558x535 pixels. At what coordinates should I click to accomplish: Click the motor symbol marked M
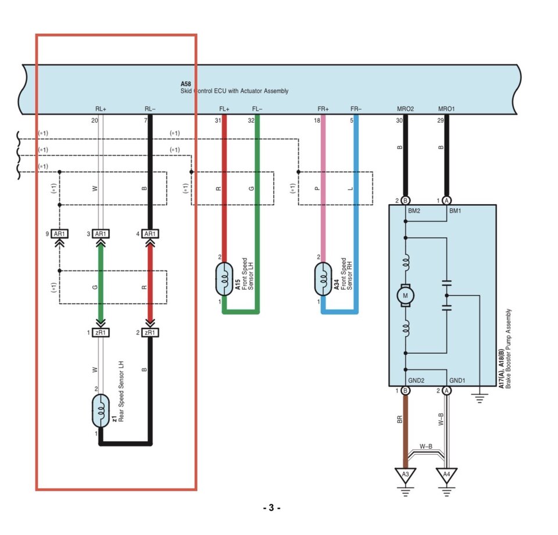tap(405, 295)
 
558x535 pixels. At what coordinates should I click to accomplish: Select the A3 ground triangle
tap(405, 475)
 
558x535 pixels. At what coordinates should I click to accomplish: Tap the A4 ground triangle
tap(446, 475)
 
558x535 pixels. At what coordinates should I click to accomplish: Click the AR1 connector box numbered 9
tap(59, 234)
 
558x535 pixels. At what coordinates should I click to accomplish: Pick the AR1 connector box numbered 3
tap(101, 234)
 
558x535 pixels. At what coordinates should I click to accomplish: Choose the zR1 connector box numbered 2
tap(150, 333)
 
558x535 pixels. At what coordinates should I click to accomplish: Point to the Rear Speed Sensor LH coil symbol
tap(101, 411)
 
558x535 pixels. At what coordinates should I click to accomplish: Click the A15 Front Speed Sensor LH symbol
tap(224, 279)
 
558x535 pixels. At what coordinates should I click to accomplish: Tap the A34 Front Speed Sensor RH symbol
tap(323, 279)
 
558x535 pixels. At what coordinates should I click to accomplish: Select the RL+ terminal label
tap(101, 109)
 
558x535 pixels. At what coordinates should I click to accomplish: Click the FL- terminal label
tap(257, 109)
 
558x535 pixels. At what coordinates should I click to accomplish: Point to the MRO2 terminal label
tap(405, 109)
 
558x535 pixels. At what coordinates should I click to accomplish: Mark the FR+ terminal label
tap(323, 109)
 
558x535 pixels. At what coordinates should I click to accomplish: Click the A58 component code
tap(186, 84)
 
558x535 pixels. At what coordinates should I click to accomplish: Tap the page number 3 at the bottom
tap(271, 508)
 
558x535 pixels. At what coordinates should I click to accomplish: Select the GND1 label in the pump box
tap(457, 380)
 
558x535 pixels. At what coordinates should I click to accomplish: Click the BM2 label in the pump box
tap(414, 211)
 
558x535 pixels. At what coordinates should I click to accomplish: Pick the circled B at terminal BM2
tap(405, 201)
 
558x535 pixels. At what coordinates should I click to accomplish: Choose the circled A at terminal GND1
tap(446, 390)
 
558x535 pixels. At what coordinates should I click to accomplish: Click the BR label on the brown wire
tap(400, 419)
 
